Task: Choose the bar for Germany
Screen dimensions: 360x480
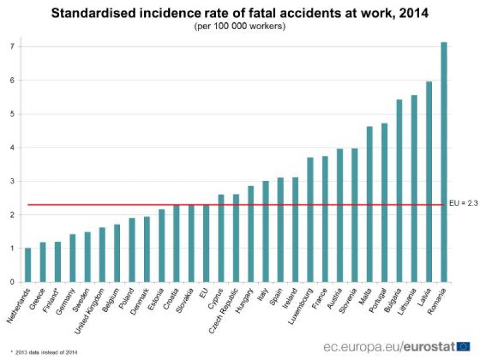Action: click(x=73, y=258)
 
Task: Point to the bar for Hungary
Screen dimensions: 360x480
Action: click(x=251, y=234)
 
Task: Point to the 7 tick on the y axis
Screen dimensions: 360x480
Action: click(x=12, y=46)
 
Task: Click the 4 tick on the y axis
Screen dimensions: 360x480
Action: click(x=12, y=148)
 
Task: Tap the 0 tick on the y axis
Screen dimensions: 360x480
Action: click(x=12, y=282)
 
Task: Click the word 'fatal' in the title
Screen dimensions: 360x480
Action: click(x=270, y=13)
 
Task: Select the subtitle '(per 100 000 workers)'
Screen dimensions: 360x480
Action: click(x=240, y=26)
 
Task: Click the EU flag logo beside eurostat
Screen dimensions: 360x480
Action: click(x=464, y=345)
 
